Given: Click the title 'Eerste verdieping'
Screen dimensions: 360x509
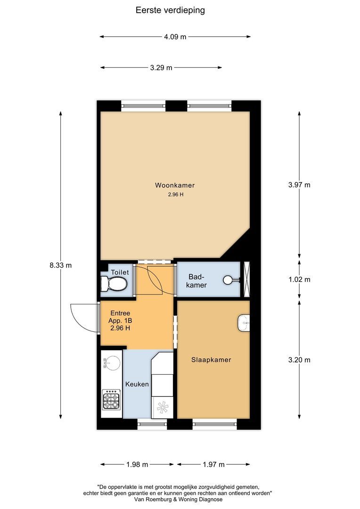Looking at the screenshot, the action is point(170,10).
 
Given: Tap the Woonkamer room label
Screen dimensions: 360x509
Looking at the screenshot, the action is point(175,185).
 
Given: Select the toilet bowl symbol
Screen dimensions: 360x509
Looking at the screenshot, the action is point(114,284).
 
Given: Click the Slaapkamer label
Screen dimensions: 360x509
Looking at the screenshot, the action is point(211,360).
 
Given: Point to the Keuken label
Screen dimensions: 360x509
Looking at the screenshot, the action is point(137,384).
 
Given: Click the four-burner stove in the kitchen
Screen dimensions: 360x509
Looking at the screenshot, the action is point(111,399).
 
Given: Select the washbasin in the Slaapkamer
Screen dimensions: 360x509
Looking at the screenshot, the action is point(244,323).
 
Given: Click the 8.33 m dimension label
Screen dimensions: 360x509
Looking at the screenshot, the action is point(61,265).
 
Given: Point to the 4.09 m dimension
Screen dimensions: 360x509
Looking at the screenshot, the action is point(175,37).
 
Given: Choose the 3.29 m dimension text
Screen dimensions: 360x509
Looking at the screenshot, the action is point(161,68).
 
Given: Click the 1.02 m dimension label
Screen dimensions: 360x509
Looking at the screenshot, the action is point(299,279).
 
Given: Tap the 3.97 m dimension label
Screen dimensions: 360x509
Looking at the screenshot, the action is point(299,185).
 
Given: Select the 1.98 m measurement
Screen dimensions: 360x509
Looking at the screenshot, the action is point(137,465).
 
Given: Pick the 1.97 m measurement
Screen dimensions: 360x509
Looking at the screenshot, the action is point(213,465).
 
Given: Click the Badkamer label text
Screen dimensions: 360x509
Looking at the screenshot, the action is point(196,281).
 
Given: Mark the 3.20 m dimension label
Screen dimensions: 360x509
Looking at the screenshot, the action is point(299,360).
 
